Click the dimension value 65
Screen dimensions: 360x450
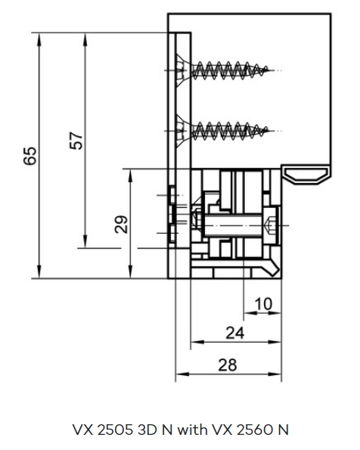click(x=29, y=156)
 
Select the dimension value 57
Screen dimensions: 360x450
click(x=76, y=141)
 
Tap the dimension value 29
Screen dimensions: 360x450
click(x=121, y=224)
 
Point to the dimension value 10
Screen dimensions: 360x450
click(x=263, y=304)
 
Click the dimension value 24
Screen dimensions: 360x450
click(x=235, y=333)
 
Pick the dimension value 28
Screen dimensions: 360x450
click(x=228, y=365)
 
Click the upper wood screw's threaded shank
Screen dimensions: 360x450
click(x=230, y=70)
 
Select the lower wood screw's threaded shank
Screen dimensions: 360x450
click(x=230, y=131)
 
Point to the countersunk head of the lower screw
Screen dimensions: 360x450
click(x=182, y=131)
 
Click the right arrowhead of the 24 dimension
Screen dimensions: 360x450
click(x=275, y=342)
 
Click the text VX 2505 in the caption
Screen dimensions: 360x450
click(x=103, y=430)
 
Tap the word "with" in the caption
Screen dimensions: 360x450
click(x=192, y=430)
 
